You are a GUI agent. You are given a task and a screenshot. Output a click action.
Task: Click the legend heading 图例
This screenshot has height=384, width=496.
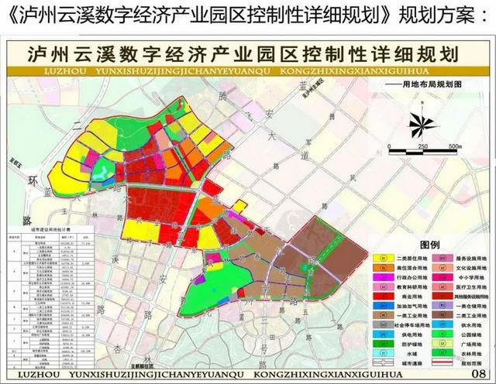point(430,243)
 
